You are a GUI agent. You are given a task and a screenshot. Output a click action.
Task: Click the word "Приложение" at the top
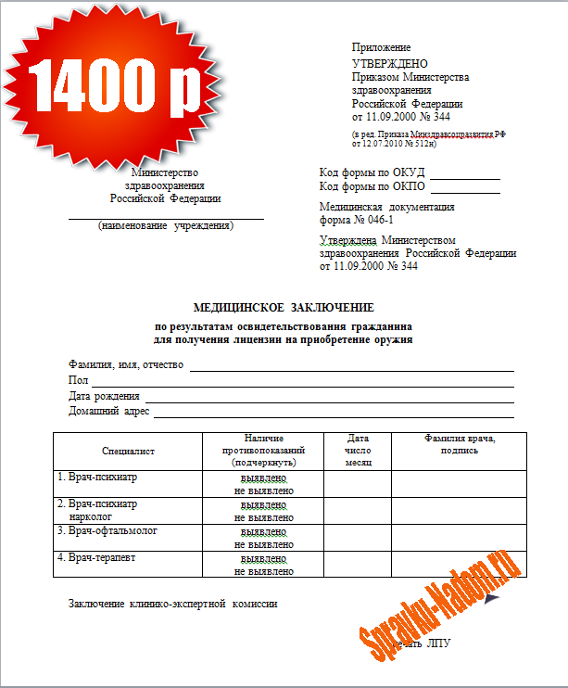click(x=381, y=47)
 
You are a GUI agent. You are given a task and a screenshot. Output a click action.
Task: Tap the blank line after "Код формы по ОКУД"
click(x=464, y=176)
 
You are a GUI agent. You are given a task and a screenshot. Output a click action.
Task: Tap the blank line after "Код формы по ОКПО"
click(x=464, y=192)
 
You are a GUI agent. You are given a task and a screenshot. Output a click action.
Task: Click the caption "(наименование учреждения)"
click(x=166, y=225)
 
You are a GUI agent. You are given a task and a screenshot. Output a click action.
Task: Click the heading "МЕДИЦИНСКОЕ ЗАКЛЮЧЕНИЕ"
click(x=283, y=307)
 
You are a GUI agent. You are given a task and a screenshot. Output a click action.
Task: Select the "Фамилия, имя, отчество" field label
click(x=126, y=364)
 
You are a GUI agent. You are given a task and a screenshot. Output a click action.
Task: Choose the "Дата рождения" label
click(x=104, y=396)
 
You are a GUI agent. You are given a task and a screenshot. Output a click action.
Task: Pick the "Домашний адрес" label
click(x=108, y=411)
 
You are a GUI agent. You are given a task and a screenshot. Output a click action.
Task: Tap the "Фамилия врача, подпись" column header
click(x=460, y=444)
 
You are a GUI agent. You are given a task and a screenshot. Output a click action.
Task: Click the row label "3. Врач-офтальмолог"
click(x=107, y=531)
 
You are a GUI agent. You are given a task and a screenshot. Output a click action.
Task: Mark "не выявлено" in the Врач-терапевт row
click(x=264, y=571)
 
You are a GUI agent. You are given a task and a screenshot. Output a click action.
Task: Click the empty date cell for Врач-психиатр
click(x=357, y=483)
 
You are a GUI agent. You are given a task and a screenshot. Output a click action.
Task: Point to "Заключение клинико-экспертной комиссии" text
click(x=172, y=605)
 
